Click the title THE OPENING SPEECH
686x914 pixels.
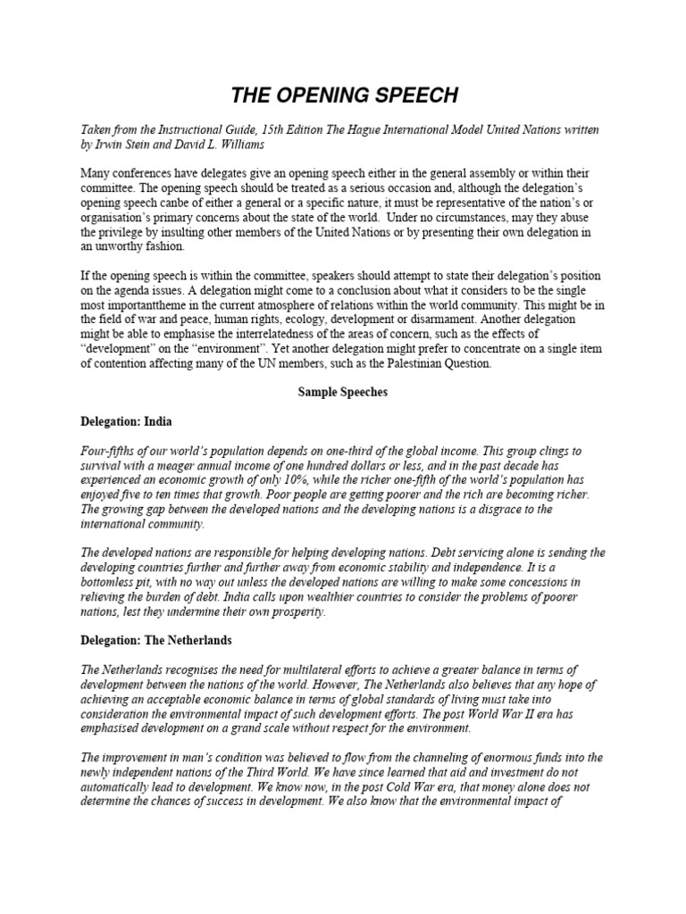[342, 96]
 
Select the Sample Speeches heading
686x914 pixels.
[342, 393]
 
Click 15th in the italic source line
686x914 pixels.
[270, 129]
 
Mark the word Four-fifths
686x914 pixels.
[110, 453]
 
